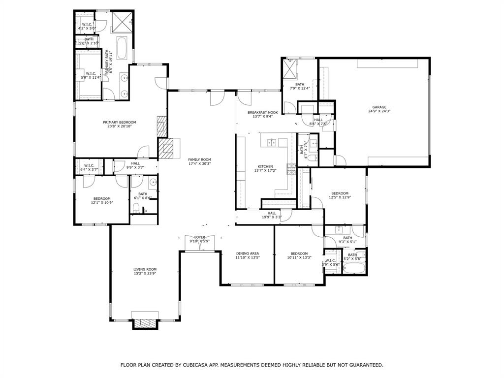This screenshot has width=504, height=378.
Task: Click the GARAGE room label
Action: tap(379, 107)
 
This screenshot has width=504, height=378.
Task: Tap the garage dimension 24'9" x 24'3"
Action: tap(379, 111)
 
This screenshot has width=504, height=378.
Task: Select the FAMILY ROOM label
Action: tap(199, 159)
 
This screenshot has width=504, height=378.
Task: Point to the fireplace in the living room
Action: tap(145, 323)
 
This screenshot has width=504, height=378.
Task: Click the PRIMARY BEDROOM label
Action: tap(119, 122)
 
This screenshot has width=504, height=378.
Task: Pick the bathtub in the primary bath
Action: tap(122, 49)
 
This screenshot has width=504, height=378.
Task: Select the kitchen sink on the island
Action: tap(271, 143)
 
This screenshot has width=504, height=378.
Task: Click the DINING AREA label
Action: tap(247, 253)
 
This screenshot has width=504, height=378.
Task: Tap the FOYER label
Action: tap(199, 237)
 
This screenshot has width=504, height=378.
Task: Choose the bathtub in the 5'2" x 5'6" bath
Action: tap(353, 269)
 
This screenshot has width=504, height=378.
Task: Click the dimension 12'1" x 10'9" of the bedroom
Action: tap(102, 202)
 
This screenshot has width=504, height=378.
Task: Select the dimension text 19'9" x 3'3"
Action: tap(272, 217)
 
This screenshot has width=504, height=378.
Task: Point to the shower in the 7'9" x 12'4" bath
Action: tap(290, 68)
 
